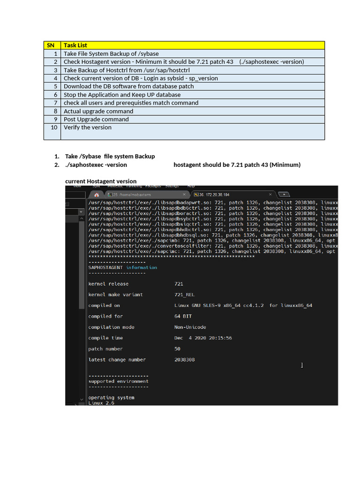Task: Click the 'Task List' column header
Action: tap(75, 45)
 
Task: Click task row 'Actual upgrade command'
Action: tap(98, 111)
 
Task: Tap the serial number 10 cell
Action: tap(53, 127)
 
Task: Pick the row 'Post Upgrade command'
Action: tap(96, 120)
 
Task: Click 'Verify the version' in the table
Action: tap(88, 127)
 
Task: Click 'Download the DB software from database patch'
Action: tap(128, 87)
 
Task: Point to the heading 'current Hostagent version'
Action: tap(101, 181)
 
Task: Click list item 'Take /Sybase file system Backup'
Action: tap(110, 156)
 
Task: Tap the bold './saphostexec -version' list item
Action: tap(96, 165)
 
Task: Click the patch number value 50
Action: tap(177, 349)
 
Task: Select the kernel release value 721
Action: tap(179, 284)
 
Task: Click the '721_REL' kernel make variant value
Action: tap(184, 295)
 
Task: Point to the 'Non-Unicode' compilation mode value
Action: tap(190, 327)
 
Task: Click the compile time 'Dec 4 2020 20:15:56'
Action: tap(203, 338)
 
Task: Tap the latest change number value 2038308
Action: tap(184, 360)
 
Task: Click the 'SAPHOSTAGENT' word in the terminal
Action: tap(105, 268)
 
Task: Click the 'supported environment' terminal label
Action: tap(118, 382)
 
